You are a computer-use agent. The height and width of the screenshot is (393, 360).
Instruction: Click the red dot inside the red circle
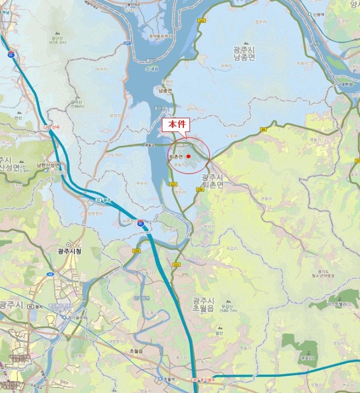coord(189,156)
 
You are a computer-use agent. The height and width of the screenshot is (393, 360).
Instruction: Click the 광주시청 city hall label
coord(70,252)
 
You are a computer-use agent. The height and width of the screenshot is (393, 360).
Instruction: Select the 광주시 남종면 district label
coord(244,53)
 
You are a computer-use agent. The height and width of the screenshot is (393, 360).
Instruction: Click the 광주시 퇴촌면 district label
coord(213,180)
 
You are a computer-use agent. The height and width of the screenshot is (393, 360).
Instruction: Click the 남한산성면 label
coord(48,166)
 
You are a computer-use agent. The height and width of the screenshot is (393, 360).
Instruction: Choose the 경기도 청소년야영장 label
coord(323,273)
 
